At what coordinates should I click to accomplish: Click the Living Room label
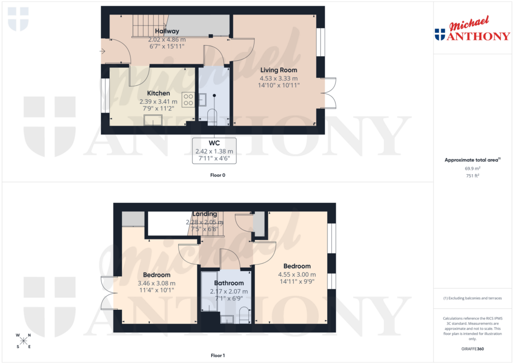(x=278, y=70)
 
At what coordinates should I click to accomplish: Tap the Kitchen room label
(x=158, y=93)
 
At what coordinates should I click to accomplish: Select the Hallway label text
(x=167, y=31)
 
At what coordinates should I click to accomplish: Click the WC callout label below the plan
(x=214, y=143)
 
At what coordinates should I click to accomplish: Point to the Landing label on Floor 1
(x=204, y=214)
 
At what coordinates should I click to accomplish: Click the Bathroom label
(x=229, y=283)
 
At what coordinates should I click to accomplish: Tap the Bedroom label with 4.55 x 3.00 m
(x=297, y=266)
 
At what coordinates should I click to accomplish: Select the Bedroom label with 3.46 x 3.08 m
(x=157, y=275)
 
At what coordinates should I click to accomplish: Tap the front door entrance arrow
(x=103, y=51)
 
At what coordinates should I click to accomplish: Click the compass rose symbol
(x=24, y=340)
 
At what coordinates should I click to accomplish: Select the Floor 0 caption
(x=218, y=175)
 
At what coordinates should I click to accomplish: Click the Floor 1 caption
(x=218, y=355)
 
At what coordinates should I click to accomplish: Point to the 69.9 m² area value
(x=473, y=169)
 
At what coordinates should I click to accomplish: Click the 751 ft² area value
(x=473, y=176)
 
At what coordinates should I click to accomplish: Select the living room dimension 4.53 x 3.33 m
(x=278, y=78)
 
